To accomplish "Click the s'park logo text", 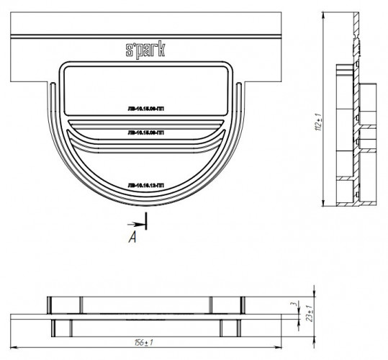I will (x=145, y=49).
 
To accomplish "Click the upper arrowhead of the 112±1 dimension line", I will (x=322, y=14).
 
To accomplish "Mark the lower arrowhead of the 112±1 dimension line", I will (x=322, y=207).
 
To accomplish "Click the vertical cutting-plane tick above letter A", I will (x=146, y=220).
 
